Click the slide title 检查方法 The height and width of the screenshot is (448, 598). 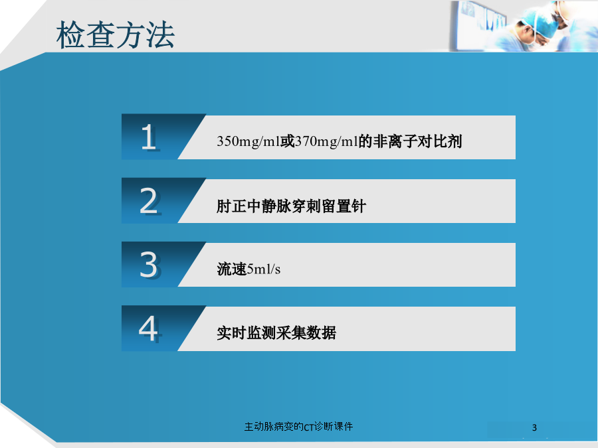[116, 35]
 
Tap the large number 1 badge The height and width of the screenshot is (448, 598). [149, 137]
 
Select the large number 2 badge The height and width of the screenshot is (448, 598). [149, 200]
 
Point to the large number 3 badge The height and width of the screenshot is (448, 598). [149, 264]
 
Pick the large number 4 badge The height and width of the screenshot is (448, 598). [148, 329]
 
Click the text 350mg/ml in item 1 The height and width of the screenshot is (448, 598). [249, 142]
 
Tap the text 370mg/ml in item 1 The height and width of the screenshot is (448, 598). [326, 142]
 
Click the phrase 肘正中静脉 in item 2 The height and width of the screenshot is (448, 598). [254, 206]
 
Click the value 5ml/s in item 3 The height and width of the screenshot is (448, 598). [264, 269]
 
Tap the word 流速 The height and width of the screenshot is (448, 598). [231, 269]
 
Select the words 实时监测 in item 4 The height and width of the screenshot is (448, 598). [247, 333]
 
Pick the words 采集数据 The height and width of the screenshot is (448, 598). [306, 333]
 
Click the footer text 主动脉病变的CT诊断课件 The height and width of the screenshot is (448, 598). [298, 427]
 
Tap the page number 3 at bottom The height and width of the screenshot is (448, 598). [534, 428]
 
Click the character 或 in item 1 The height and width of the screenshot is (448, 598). [288, 142]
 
